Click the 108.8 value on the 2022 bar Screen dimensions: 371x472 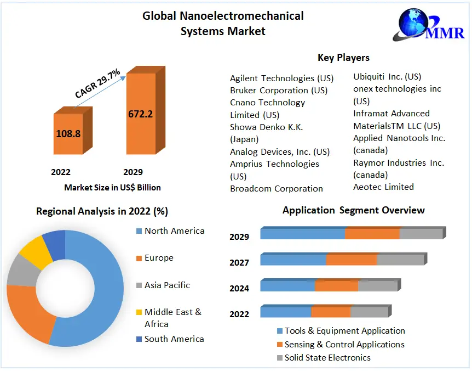(68, 133)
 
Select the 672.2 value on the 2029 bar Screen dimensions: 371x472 (141, 114)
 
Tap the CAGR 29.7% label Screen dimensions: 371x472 (98, 84)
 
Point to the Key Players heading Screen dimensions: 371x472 (343, 58)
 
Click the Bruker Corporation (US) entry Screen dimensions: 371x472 (279, 90)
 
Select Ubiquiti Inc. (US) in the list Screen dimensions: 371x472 (387, 77)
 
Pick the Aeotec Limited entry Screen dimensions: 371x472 (383, 187)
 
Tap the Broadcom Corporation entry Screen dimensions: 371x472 (277, 189)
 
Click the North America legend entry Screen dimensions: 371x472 (174, 231)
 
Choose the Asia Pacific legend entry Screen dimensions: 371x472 (167, 285)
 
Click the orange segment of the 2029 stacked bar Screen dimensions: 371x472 (372, 234)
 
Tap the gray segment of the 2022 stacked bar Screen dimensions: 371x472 (369, 312)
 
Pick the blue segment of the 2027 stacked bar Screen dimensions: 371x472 (293, 260)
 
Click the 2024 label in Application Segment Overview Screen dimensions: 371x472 (239, 289)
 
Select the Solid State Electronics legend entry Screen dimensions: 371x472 (327, 358)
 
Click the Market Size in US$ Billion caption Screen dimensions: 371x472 (112, 188)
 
